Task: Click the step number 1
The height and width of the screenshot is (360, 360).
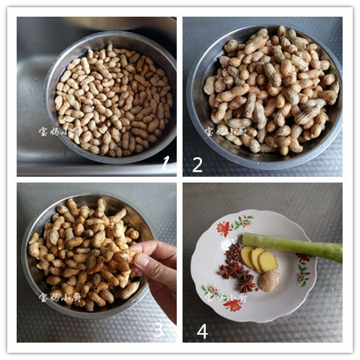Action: [165, 163]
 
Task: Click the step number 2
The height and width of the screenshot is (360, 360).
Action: [197, 164]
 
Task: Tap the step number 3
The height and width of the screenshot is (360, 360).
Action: [159, 330]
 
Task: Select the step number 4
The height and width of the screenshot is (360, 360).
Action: [202, 331]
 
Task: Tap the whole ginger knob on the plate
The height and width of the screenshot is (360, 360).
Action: [269, 280]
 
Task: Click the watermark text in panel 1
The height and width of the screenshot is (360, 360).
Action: [59, 132]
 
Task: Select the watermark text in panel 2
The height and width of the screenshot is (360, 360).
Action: [225, 132]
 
